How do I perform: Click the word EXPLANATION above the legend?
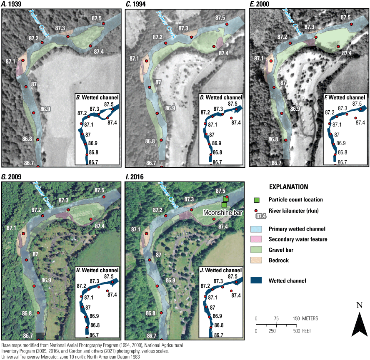pyautogui.click(x=288, y=187)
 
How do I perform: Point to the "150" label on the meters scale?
pyautogui.click(x=296, y=318)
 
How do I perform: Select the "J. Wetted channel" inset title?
pyautogui.click(x=221, y=270)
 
